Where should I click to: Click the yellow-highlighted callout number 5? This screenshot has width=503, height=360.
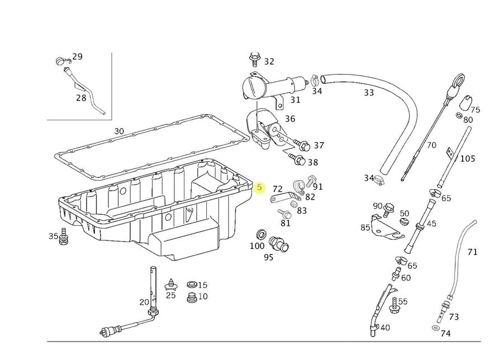(x=259, y=188)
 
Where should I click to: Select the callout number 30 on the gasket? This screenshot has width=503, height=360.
(x=119, y=131)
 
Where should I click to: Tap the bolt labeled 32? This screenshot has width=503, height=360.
(x=254, y=58)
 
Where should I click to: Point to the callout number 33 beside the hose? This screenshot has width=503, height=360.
(x=369, y=93)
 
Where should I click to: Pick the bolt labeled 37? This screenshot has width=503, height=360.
(x=302, y=145)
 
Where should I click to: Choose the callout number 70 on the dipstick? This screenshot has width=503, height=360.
(x=431, y=145)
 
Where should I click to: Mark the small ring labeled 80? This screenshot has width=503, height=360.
(x=459, y=116)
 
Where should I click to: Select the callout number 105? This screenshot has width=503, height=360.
(x=467, y=159)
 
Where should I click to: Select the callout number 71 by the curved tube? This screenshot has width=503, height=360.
(x=473, y=252)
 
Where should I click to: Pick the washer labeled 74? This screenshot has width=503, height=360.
(x=435, y=328)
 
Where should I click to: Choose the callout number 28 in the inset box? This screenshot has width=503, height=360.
(x=82, y=97)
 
